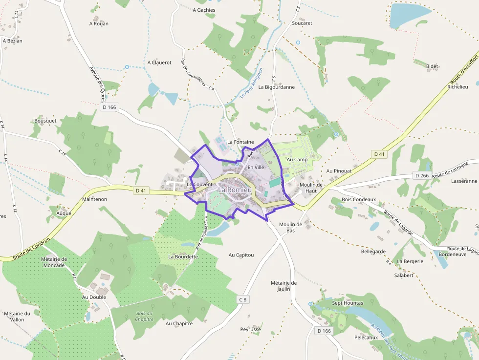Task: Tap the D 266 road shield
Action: [421, 175]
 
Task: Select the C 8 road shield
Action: [242, 299]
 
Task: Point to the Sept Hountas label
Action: [348, 303]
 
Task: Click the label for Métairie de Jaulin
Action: [283, 286]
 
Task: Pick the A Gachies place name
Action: [204, 10]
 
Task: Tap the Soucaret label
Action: [302, 23]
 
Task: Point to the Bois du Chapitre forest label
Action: [144, 316]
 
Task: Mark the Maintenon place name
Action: [95, 199]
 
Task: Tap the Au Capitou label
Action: [241, 255]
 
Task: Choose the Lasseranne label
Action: [464, 181]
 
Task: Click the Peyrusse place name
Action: [251, 329]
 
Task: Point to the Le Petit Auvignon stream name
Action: [252, 83]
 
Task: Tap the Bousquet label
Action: [45, 121]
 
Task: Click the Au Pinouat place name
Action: [339, 170]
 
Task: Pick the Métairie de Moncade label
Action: [53, 262]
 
